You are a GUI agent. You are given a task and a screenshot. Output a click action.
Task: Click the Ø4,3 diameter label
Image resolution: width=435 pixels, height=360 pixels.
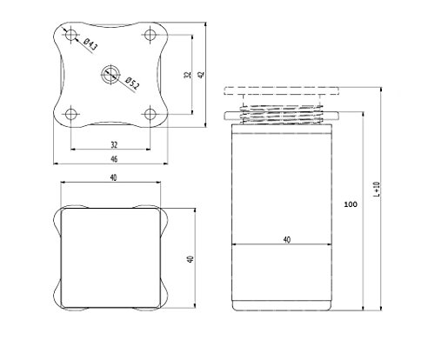point(90,45)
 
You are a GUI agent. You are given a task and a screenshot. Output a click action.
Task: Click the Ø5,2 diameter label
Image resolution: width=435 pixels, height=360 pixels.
point(132,83)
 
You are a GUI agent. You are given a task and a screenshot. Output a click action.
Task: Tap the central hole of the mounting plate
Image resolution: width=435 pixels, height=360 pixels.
point(110,75)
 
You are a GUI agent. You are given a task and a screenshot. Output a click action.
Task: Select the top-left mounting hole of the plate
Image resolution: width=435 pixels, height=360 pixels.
point(71,35)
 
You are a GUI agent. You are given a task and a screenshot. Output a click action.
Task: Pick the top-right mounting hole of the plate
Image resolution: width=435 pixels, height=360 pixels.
point(151,35)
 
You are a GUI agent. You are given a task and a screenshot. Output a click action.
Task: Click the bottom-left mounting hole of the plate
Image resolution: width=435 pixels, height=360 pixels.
point(71,114)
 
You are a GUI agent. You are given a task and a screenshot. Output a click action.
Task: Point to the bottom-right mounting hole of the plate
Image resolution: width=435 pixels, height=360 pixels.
point(151,114)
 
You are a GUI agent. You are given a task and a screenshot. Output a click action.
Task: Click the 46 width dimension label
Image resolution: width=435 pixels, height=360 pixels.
point(114,159)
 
